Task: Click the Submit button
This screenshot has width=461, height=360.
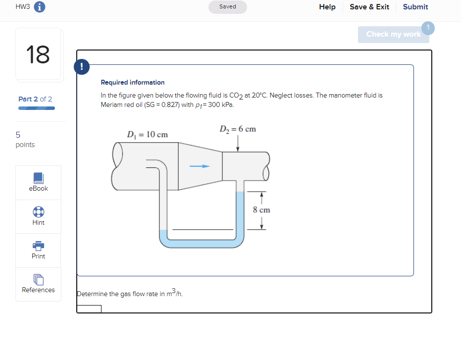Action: (x=415, y=7)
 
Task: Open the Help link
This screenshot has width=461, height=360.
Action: (x=327, y=7)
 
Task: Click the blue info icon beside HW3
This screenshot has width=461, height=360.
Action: (x=40, y=7)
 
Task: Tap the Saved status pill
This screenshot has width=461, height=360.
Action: (x=228, y=7)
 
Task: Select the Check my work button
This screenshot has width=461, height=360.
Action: (x=393, y=34)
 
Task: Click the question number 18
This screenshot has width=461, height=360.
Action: (x=38, y=54)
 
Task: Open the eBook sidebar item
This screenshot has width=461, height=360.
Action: (x=38, y=182)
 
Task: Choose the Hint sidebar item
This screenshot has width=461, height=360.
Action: (x=38, y=216)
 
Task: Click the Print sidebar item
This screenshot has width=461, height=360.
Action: (x=38, y=250)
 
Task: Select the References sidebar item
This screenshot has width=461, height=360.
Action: (x=38, y=284)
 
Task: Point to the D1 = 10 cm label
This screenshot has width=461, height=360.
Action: (x=147, y=135)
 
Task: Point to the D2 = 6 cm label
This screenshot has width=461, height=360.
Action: (x=238, y=129)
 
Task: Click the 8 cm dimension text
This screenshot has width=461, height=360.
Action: (x=261, y=210)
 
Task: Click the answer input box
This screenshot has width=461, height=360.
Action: (x=89, y=309)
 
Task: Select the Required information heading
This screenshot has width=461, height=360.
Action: (x=133, y=82)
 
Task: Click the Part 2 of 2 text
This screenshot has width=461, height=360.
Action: (x=35, y=99)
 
